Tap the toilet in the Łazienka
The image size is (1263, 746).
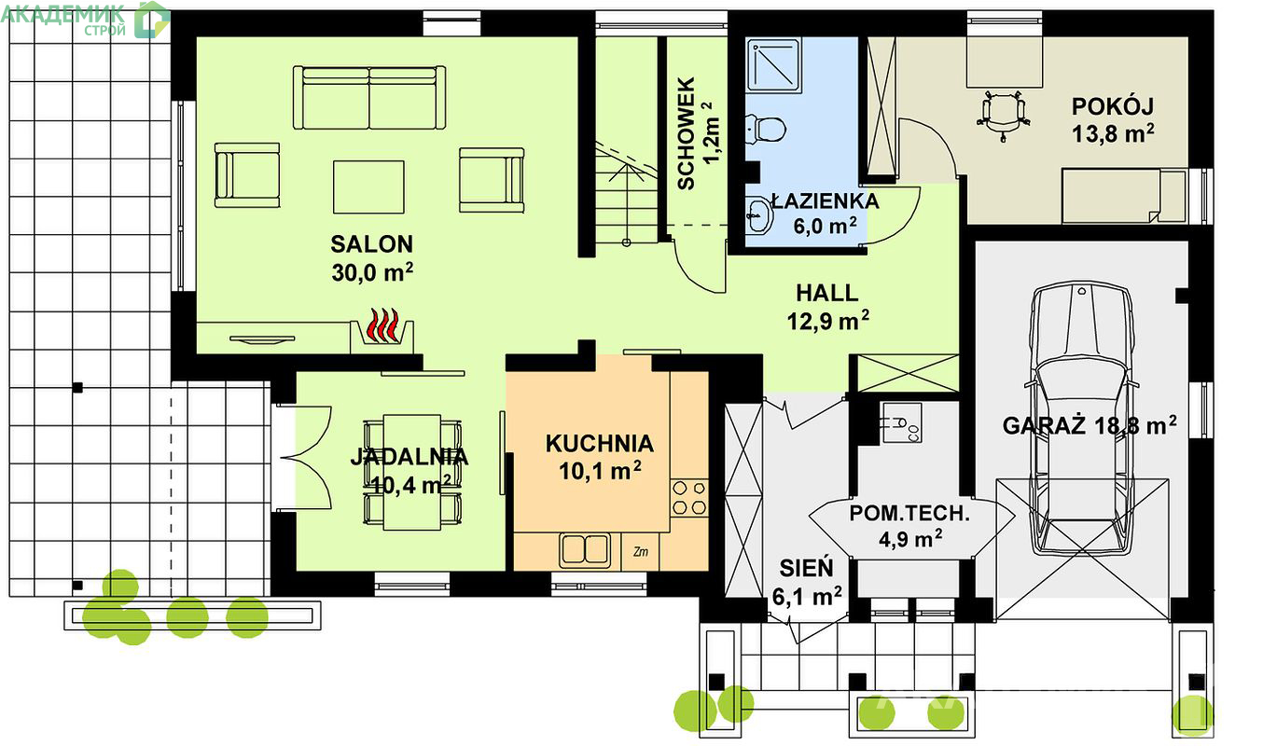pos(765,129)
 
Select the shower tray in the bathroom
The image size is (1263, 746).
pos(773,65)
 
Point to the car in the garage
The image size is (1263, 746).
pos(1082,419)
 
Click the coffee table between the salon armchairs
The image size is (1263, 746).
pos(368,186)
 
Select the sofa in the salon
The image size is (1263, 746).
pos(369,98)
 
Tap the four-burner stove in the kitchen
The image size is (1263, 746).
pos(689,497)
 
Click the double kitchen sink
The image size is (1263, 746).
pos(585,550)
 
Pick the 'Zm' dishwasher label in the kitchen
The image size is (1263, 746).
pos(641,551)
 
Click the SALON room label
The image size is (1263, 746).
pos(371,244)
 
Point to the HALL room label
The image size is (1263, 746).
pos(827,293)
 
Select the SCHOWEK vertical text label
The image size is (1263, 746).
pos(686,133)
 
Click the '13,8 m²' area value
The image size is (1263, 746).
pos(1113,134)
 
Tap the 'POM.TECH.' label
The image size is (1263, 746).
pos(909,513)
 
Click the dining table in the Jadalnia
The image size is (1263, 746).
pos(412,473)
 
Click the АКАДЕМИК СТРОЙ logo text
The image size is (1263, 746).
pos(63,20)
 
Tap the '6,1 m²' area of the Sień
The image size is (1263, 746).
pos(807,596)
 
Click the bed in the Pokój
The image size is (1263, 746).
pos(1124,196)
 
